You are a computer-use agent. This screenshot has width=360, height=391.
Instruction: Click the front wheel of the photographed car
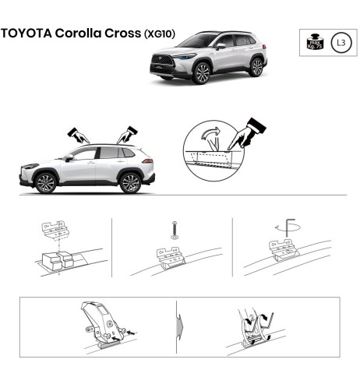(x=202, y=73)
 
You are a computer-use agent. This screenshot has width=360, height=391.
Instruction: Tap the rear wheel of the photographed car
(x=256, y=66)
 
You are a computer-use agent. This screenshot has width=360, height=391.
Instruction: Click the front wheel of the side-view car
(x=46, y=183)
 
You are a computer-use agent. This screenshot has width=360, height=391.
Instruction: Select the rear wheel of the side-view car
(x=130, y=183)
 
